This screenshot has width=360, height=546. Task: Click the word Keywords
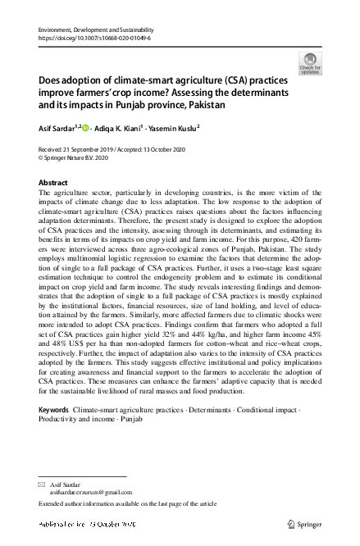point(54,407)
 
